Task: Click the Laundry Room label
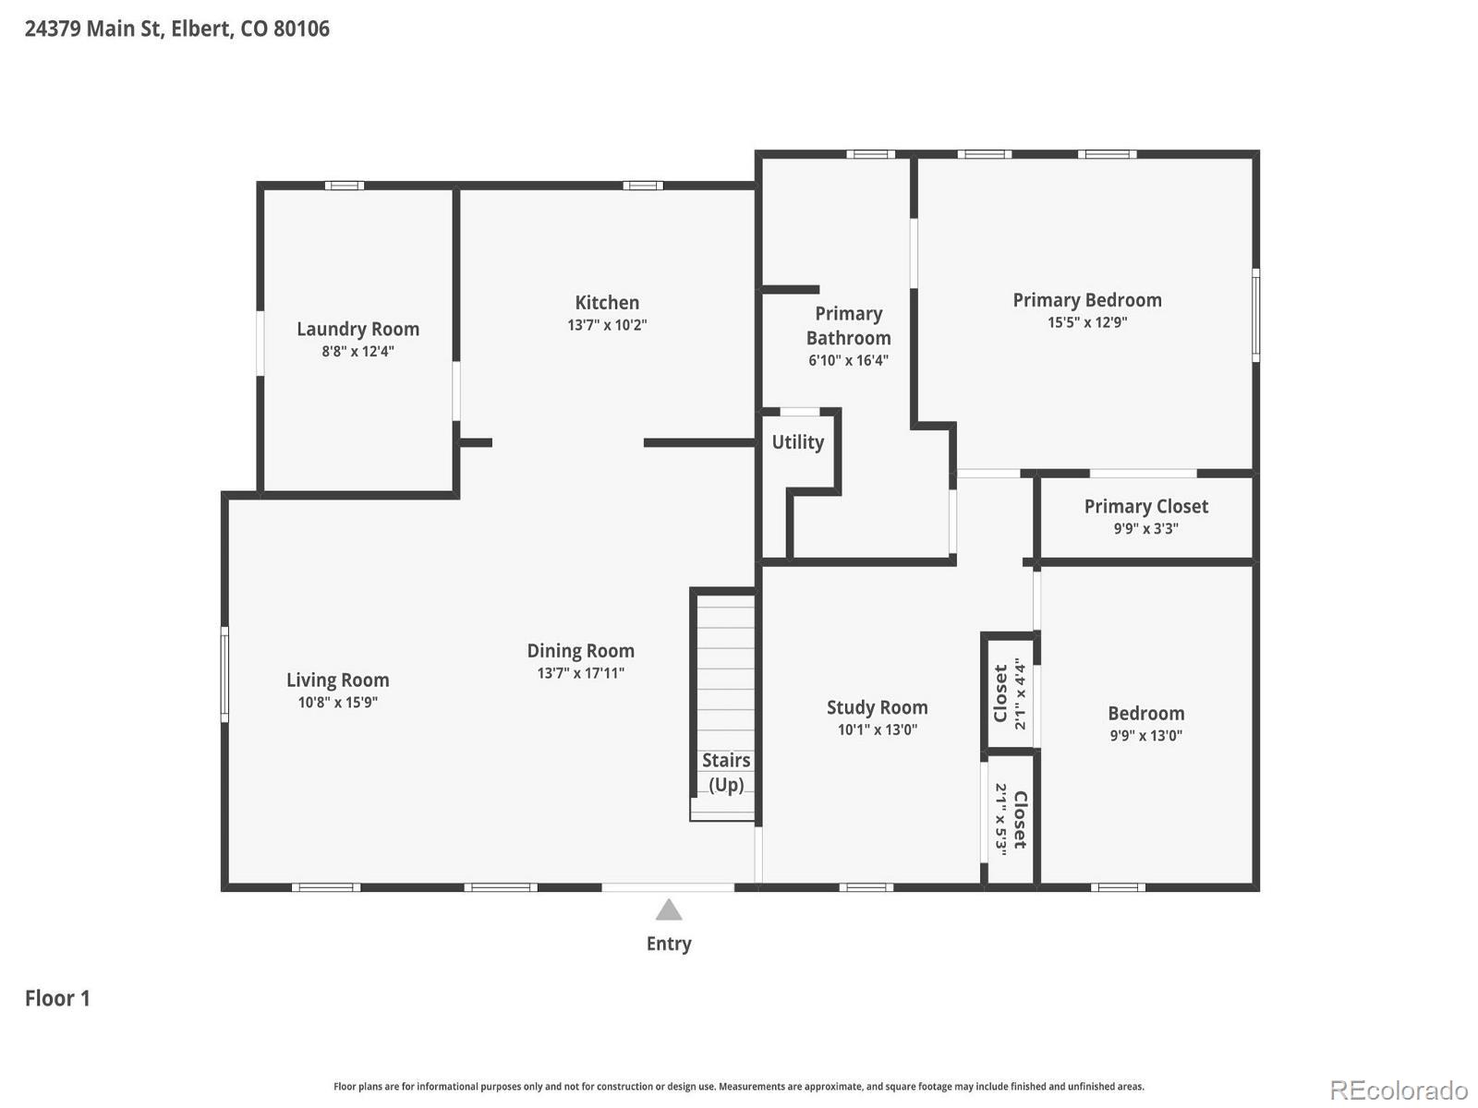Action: [357, 330]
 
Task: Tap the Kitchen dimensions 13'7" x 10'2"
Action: [607, 326]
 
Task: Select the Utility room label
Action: [797, 442]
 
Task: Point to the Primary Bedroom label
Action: [1086, 300]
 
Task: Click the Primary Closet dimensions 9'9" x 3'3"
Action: [1145, 529]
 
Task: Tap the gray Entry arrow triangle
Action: [669, 911]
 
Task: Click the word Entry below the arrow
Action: [669, 944]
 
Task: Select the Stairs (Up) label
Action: [726, 772]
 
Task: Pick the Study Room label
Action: [877, 707]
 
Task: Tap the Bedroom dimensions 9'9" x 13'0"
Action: [1145, 736]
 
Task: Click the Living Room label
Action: [337, 680]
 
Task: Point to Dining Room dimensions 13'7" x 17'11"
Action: [580, 673]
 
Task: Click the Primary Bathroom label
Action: [848, 326]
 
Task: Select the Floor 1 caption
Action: [57, 998]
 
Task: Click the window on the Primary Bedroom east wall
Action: [1255, 314]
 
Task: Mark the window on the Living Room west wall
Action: [224, 674]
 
